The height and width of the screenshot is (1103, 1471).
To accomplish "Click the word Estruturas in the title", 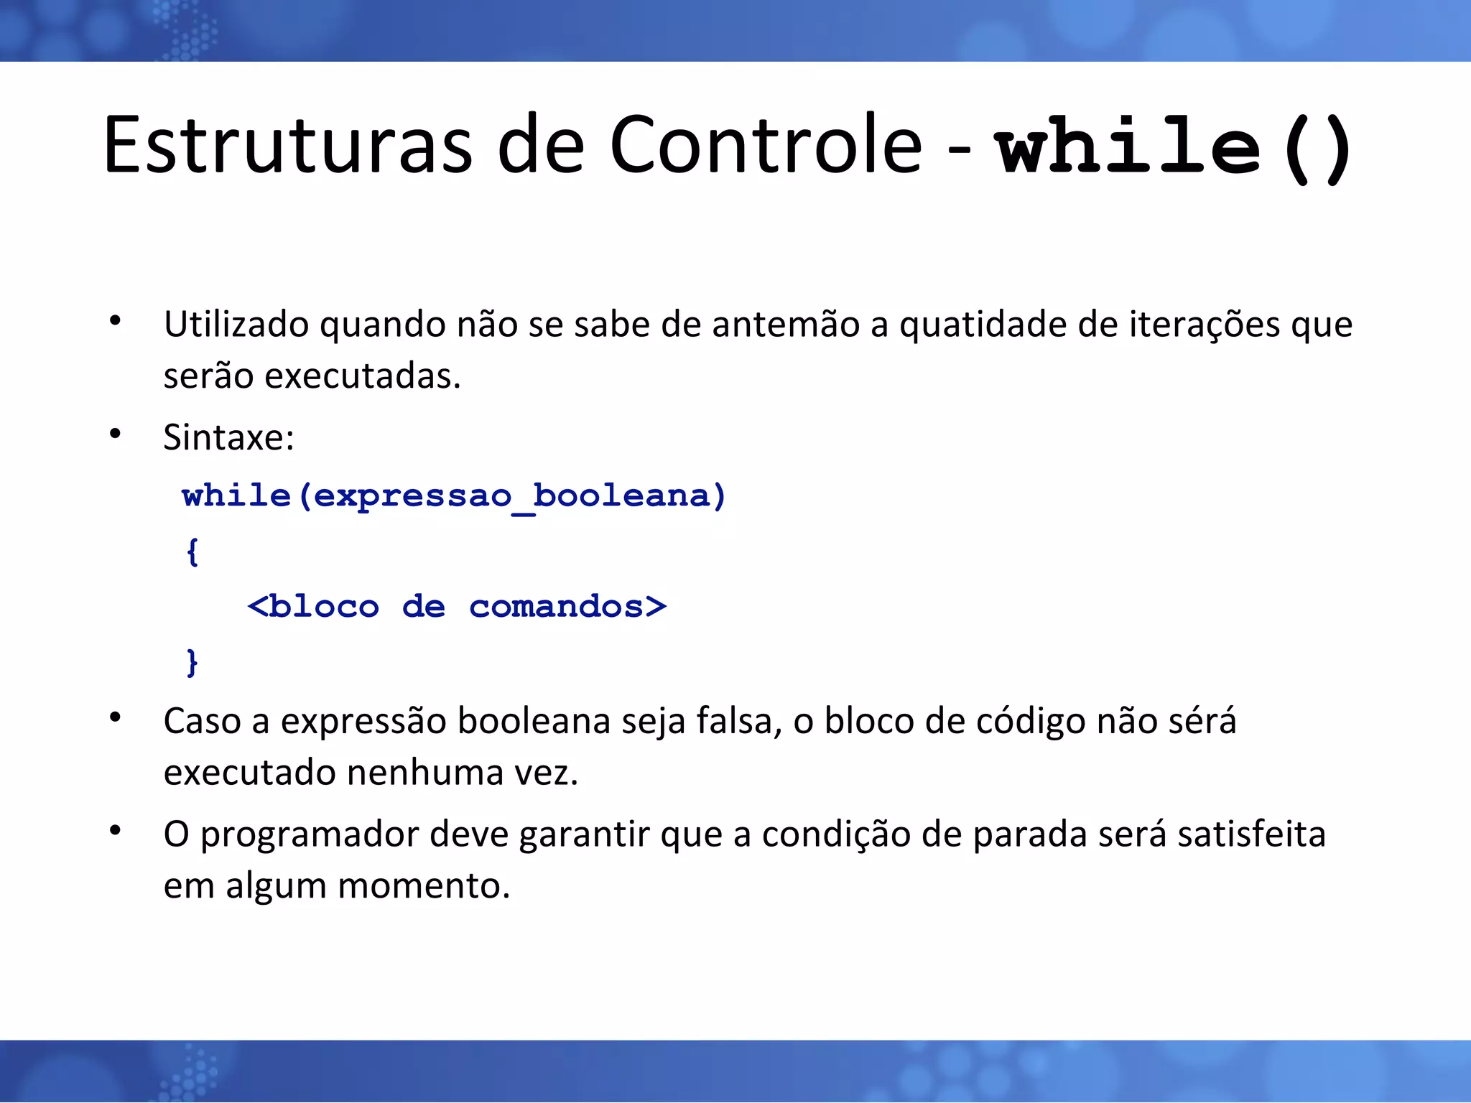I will [287, 145].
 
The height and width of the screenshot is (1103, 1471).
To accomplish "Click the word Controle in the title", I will [766, 145].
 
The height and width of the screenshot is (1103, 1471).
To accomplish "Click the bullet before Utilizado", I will [115, 321].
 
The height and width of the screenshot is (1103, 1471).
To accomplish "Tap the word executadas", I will [362, 376].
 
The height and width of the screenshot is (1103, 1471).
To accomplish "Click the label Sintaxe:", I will [228, 437].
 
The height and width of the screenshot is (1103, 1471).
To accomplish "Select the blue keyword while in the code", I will [236, 495].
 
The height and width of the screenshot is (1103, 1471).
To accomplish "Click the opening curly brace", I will [192, 551].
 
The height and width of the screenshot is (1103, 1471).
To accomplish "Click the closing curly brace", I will [192, 662].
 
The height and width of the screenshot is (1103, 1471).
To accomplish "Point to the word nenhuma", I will [425, 773].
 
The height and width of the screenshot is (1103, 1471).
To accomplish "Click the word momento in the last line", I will [423, 886].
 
